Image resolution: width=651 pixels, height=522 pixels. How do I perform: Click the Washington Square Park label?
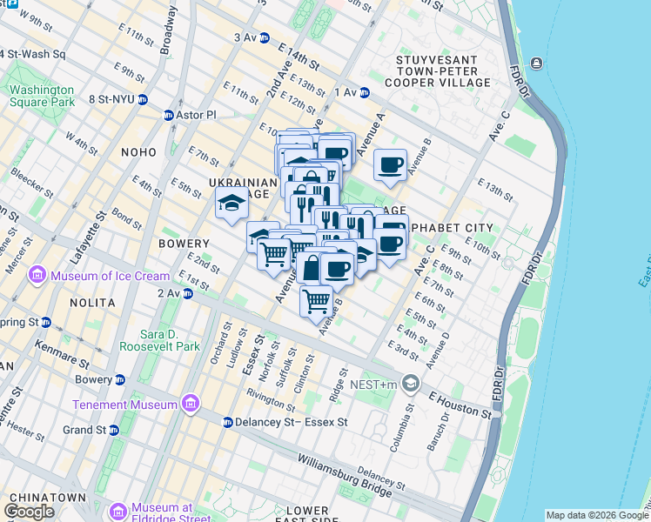pyautogui.click(x=42, y=96)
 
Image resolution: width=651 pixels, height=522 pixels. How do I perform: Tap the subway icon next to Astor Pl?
pyautogui.click(x=169, y=115)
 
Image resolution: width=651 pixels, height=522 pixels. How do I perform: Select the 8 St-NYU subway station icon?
pyautogui.click(x=142, y=100)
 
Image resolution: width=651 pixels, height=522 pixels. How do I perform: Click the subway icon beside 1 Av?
pyautogui.click(x=365, y=92)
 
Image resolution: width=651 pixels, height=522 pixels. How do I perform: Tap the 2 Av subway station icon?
pyautogui.click(x=187, y=294)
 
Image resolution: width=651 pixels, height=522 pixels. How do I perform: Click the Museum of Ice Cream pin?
pyautogui.click(x=37, y=277)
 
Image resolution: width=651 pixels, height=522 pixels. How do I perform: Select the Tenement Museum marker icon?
pyautogui.click(x=189, y=404)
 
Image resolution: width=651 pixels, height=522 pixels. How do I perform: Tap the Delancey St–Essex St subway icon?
pyautogui.click(x=227, y=423)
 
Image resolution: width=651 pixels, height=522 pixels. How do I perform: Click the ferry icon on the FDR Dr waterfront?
pyautogui.click(x=534, y=64)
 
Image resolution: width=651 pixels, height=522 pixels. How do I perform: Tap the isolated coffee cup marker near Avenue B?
pyautogui.click(x=391, y=164)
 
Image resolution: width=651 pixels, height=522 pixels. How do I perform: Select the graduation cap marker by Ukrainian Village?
pyautogui.click(x=232, y=204)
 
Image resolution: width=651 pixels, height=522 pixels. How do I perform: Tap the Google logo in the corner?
pyautogui.click(x=29, y=512)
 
